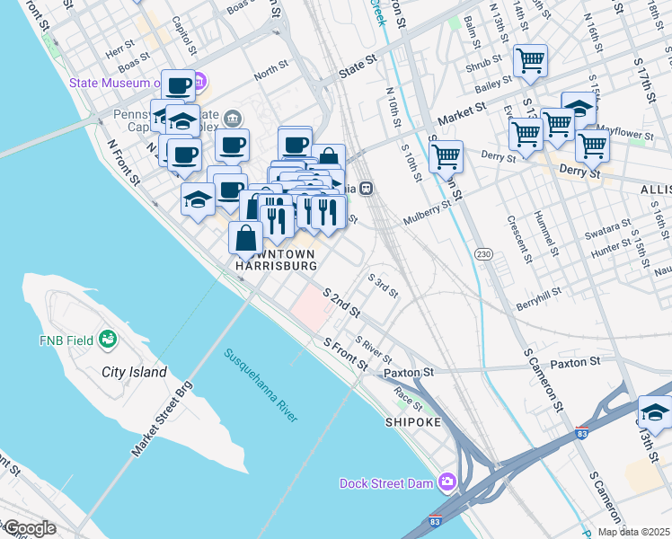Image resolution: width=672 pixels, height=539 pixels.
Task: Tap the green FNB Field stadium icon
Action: coord(109,339)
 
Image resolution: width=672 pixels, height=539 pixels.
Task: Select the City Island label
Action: coord(134,372)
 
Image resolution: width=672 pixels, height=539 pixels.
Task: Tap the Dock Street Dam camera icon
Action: coord(447,483)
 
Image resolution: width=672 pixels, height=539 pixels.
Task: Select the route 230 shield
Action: coord(483,254)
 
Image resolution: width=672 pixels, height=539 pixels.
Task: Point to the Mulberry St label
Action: coord(426,213)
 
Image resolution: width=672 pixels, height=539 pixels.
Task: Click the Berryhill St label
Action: coord(538,297)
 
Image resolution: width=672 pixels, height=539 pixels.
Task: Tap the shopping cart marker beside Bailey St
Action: coord(530,61)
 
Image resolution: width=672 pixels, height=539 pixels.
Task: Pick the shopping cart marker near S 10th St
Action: coord(446,156)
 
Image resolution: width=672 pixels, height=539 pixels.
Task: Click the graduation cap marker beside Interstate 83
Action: coord(655,413)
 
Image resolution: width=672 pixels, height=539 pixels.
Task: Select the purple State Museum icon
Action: coord(199,83)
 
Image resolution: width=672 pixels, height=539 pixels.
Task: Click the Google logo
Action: coord(29,528)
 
